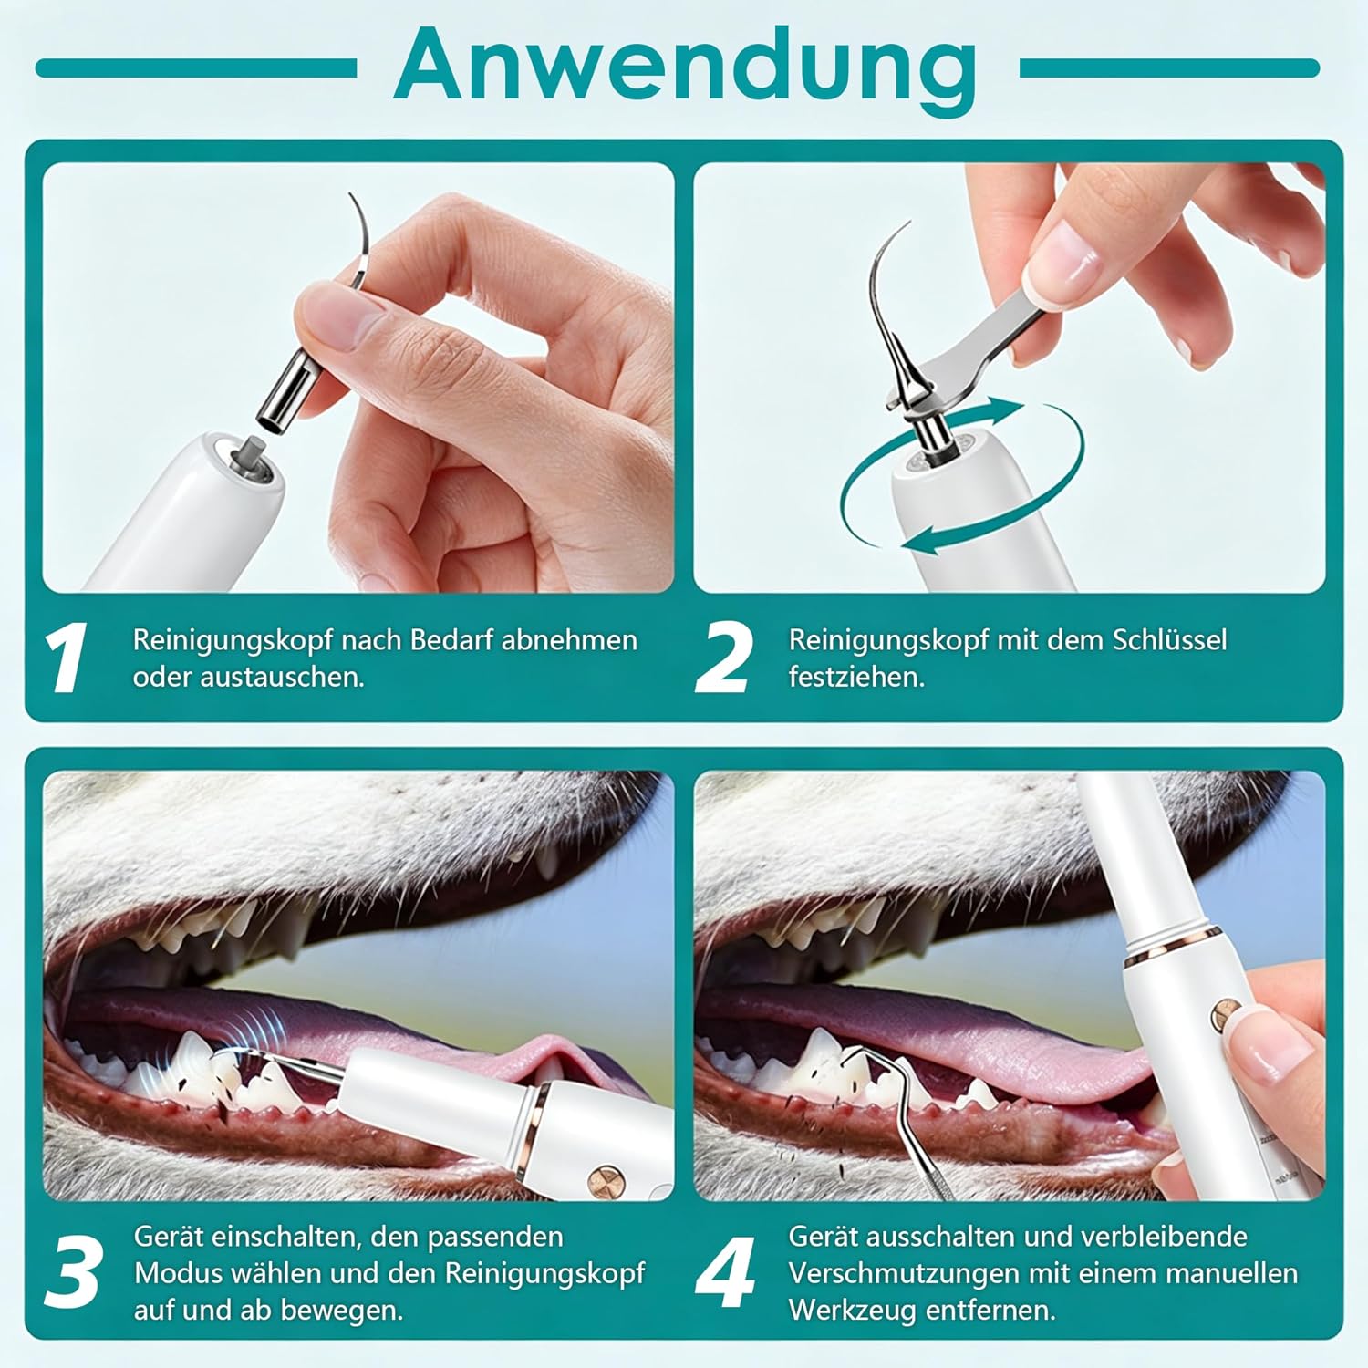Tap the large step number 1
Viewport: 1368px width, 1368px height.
point(66,658)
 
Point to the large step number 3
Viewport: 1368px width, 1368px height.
point(72,1269)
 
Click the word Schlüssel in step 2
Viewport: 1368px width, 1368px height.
point(1169,639)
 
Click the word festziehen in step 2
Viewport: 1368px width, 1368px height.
point(856,678)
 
